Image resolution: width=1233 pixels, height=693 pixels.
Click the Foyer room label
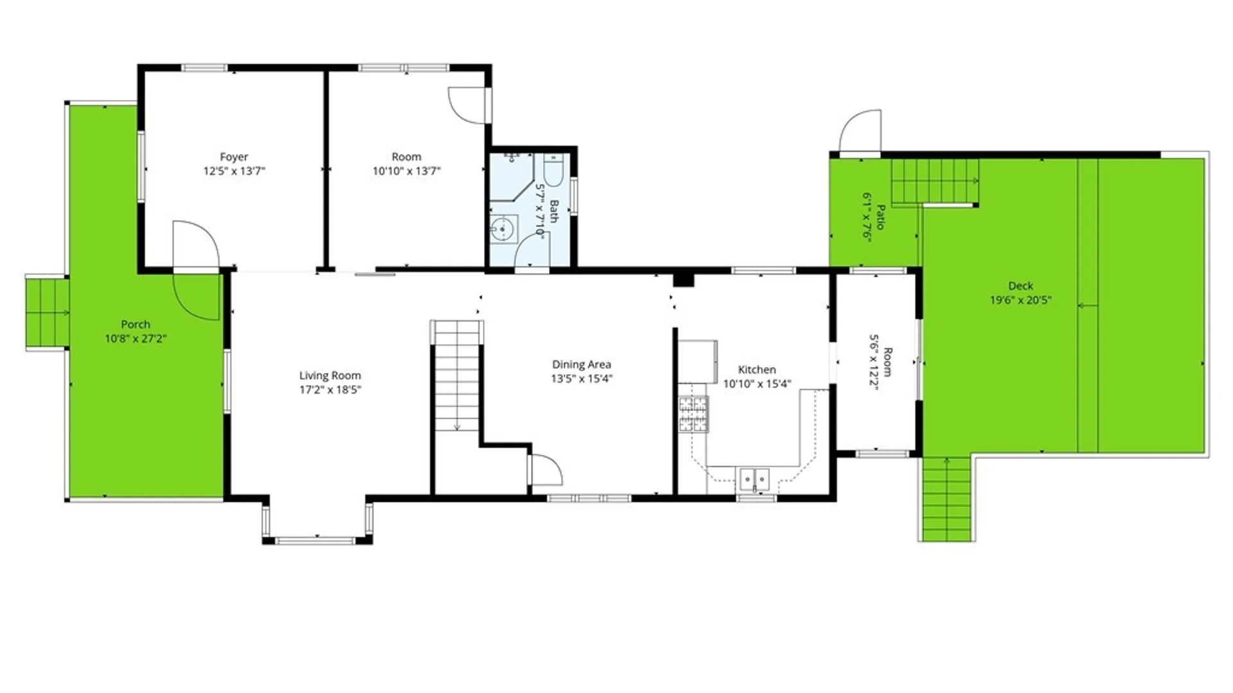pos(234,157)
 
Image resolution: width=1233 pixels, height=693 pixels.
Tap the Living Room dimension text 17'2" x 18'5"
pos(330,389)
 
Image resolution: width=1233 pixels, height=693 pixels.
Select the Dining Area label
pos(581,364)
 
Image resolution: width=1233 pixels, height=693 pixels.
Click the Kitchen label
pos(757,370)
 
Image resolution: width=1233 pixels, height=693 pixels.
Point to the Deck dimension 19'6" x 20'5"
pos(1020,300)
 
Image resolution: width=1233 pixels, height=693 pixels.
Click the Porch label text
pos(136,325)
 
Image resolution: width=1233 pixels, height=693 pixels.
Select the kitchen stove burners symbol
pos(694,415)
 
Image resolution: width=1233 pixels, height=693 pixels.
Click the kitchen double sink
pos(755,479)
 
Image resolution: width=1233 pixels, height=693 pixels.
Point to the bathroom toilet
pos(554,169)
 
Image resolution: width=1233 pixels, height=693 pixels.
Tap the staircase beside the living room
pos(457,376)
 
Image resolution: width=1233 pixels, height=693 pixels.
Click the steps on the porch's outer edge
pos(47,312)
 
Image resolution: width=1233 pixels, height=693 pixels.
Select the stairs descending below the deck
pos(947,499)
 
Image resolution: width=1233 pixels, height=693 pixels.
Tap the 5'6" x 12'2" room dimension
pos(873,362)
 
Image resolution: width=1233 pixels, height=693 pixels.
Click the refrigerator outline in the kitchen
pos(697,361)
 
